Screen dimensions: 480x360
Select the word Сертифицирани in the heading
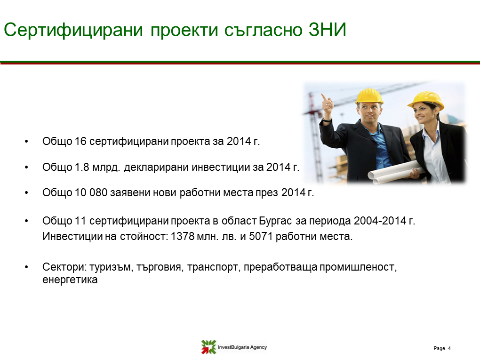(x=73, y=30)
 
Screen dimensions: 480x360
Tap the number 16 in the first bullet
(x=80, y=142)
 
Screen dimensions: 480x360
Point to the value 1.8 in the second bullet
(x=82, y=167)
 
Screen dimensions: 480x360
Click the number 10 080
(x=91, y=192)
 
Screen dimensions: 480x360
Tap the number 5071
(x=261, y=236)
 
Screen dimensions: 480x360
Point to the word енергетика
(x=70, y=280)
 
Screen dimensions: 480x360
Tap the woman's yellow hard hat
(x=426, y=100)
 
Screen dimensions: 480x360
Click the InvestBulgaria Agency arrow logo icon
(x=208, y=347)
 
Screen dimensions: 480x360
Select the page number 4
(x=449, y=348)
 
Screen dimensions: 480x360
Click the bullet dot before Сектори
(x=26, y=267)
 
